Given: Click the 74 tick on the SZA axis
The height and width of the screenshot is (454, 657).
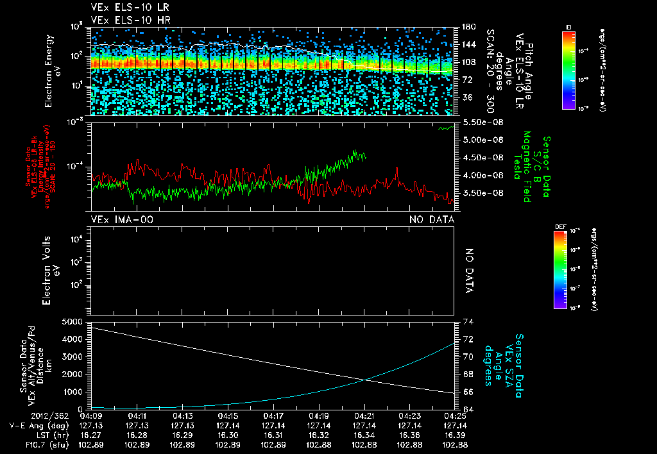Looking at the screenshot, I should (x=467, y=321).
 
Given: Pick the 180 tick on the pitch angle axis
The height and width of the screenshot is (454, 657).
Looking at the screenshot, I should (x=468, y=27).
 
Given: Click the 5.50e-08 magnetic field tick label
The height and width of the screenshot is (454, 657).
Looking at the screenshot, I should (x=485, y=122).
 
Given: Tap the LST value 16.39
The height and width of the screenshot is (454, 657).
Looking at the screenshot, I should (x=456, y=435).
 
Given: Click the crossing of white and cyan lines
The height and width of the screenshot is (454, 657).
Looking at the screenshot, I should (x=366, y=380).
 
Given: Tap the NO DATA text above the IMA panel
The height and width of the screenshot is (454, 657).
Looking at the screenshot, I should (x=432, y=220).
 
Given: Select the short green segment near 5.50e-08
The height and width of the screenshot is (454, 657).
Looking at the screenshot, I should (x=445, y=128).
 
